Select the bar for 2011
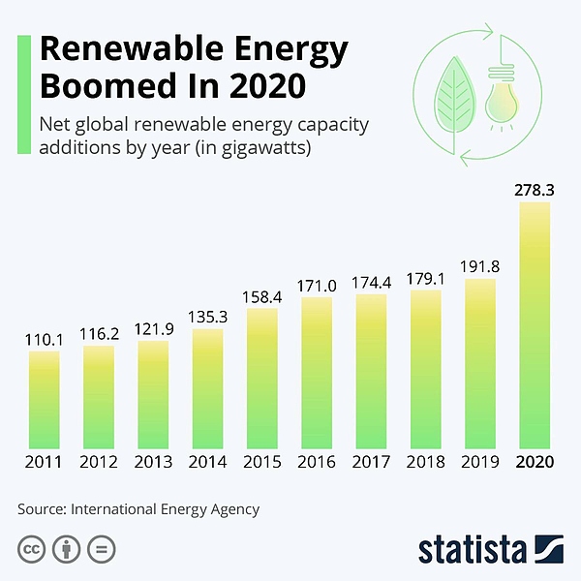click(x=44, y=398)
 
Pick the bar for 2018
click(x=426, y=367)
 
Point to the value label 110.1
click(x=44, y=340)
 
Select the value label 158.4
click(x=262, y=297)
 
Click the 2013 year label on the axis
click(x=153, y=463)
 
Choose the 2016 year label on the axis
click(x=317, y=463)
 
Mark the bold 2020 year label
click(x=535, y=463)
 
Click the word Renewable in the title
click(x=116, y=50)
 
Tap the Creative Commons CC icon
click(x=31, y=549)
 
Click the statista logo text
click(x=470, y=549)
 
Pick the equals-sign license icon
click(x=101, y=549)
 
